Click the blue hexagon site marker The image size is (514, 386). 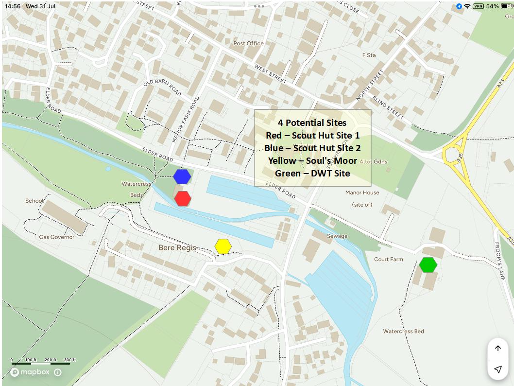pyautogui.click(x=182, y=176)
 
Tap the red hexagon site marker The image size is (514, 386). pyautogui.click(x=183, y=198)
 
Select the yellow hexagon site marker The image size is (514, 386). pyautogui.click(x=223, y=246)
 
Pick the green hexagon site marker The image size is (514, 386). pyautogui.click(x=428, y=265)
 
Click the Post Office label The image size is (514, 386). pyautogui.click(x=248, y=43)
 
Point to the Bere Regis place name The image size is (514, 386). pyautogui.click(x=177, y=248)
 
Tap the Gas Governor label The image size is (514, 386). pyautogui.click(x=57, y=237)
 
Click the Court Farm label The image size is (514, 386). pyautogui.click(x=388, y=259)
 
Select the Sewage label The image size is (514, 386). pyautogui.click(x=337, y=236)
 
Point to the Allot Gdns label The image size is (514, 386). pyautogui.click(x=374, y=161)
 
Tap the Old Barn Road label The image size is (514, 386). pyautogui.click(x=162, y=88)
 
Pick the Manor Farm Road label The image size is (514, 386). pyautogui.click(x=186, y=120)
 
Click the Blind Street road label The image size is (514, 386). pyautogui.click(x=388, y=106)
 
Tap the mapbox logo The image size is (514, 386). pyautogui.click(x=30, y=372)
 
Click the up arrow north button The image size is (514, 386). pyautogui.click(x=498, y=349)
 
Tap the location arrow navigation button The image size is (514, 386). pyautogui.click(x=498, y=369)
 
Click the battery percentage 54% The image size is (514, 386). pyautogui.click(x=492, y=6)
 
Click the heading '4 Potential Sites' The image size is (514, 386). pyautogui.click(x=312, y=123)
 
